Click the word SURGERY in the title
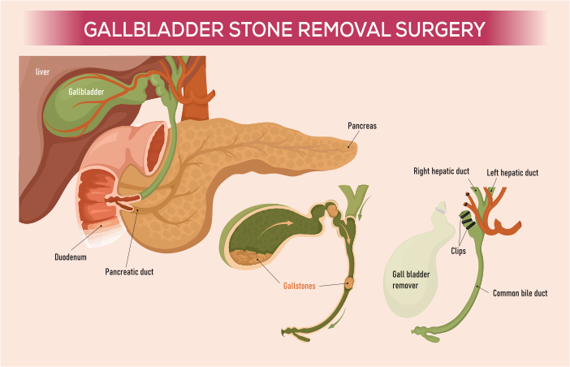click(x=441, y=29)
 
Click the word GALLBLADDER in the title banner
click(x=153, y=29)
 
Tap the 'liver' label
click(x=42, y=72)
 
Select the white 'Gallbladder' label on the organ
click(x=86, y=92)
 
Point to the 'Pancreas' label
click(x=362, y=126)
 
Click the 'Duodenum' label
click(x=71, y=257)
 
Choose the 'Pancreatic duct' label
click(x=129, y=272)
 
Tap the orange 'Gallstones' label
click(x=299, y=286)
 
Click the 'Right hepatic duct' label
click(x=442, y=171)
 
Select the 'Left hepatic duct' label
click(x=512, y=173)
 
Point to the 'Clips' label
click(x=458, y=251)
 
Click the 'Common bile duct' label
click(x=520, y=293)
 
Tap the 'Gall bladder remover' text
click(x=411, y=280)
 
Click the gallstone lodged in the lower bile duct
click(x=349, y=283)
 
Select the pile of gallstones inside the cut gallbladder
click(x=250, y=257)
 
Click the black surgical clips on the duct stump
click(x=467, y=219)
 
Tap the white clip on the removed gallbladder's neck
click(x=441, y=209)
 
